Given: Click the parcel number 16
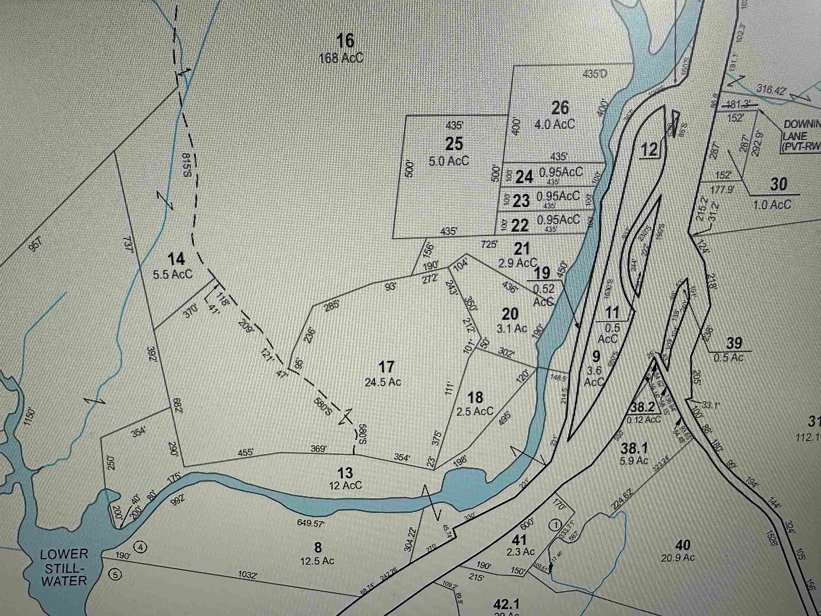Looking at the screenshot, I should pos(345,41).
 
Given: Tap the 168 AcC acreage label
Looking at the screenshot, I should pos(341,58).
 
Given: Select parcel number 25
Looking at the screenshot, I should pos(454,143).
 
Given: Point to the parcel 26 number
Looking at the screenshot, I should pos(560,107).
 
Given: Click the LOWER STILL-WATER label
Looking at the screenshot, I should pos(64,567).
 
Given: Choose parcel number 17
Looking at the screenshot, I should pos(386,367).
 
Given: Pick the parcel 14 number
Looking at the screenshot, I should pos(176,259).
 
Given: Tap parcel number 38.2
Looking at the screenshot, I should pos(642,407).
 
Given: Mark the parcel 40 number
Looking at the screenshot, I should pos(683,545).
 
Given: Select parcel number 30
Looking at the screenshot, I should pos(778,184).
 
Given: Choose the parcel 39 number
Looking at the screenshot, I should pos(734,343).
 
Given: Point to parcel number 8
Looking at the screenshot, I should pos(318,547).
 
